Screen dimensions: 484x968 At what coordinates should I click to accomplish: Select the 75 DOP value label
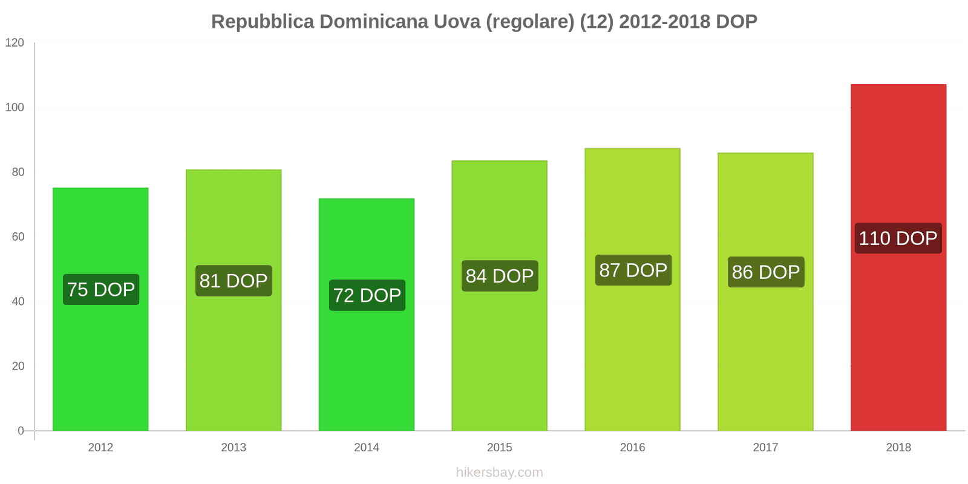tap(101, 289)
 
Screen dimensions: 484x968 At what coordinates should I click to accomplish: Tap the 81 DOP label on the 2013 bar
tap(234, 281)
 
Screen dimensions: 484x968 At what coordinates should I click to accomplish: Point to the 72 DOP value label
tap(367, 295)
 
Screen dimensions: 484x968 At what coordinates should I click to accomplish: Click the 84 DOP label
tap(500, 276)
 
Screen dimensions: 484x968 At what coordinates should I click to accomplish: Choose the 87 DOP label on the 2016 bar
tap(633, 270)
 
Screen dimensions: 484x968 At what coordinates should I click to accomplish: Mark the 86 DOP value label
tap(766, 272)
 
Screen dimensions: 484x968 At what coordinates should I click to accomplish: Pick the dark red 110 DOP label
tap(898, 238)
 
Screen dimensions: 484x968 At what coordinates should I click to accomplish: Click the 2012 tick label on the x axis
tap(100, 447)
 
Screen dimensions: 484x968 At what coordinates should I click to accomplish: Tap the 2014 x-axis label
tap(367, 447)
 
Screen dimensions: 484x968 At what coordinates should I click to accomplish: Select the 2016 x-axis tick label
tap(632, 447)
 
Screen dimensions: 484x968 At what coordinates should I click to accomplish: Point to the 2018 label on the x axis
tap(898, 447)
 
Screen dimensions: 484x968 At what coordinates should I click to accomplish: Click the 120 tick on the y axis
tap(15, 42)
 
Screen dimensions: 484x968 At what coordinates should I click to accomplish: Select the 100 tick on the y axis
tap(15, 107)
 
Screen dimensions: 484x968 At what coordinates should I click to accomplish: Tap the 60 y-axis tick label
tap(18, 237)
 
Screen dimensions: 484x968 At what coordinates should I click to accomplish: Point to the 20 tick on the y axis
tap(18, 366)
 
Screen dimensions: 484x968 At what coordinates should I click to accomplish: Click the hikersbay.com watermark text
tap(500, 472)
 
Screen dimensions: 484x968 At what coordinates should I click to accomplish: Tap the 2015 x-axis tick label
tap(500, 447)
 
